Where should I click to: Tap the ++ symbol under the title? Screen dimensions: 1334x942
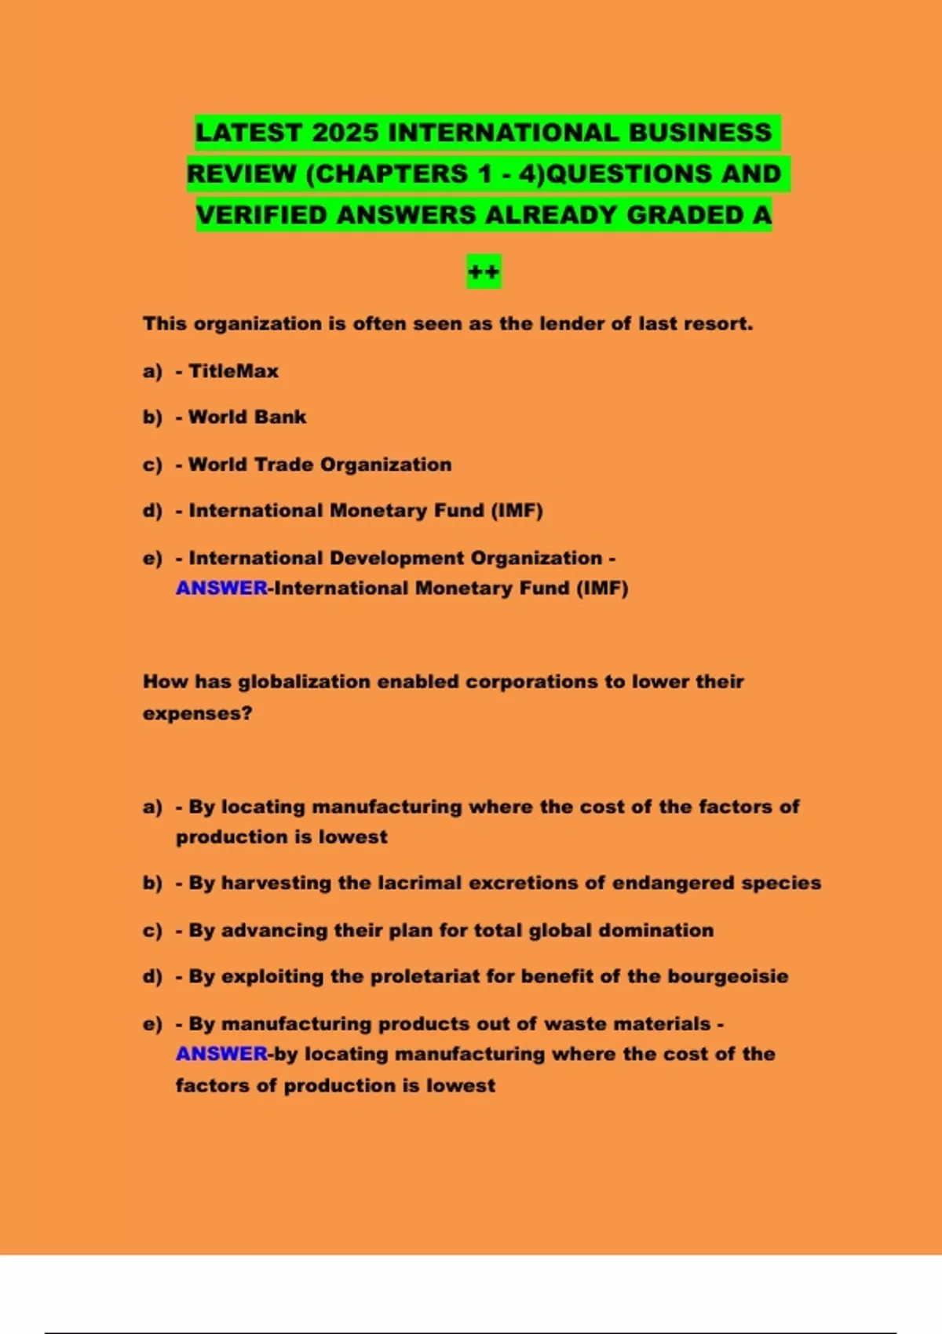pyautogui.click(x=484, y=272)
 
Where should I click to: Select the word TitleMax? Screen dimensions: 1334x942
pyautogui.click(x=233, y=371)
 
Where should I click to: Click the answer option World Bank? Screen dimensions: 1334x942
pyautogui.click(x=247, y=417)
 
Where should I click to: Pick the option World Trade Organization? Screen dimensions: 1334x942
pyautogui.click(x=319, y=464)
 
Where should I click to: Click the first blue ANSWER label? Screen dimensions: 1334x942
pyautogui.click(x=221, y=588)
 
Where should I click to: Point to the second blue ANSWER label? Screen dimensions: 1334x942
pyautogui.click(x=221, y=1053)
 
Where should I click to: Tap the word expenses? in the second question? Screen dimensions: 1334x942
pyautogui.click(x=197, y=713)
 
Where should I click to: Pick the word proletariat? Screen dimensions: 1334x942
pyautogui.click(x=425, y=976)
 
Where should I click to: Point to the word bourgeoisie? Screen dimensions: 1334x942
pyautogui.click(x=728, y=976)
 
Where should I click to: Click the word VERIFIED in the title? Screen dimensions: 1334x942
pyautogui.click(x=261, y=215)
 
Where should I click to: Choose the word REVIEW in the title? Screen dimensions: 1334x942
pyautogui.click(x=241, y=173)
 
